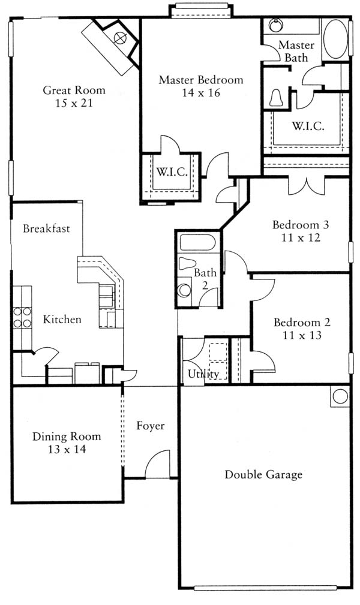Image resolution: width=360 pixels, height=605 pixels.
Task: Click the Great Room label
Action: click(74, 91)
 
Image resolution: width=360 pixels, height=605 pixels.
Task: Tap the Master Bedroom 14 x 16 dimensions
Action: click(201, 92)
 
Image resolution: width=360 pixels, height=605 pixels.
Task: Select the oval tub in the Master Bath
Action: click(335, 40)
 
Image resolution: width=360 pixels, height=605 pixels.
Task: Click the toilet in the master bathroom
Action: click(276, 98)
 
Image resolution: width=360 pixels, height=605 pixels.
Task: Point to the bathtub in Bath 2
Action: click(197, 243)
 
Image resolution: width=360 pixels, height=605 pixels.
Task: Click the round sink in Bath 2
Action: click(185, 291)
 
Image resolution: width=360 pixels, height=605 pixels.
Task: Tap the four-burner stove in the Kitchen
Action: click(22, 317)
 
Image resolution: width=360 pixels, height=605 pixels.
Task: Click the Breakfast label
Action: click(46, 228)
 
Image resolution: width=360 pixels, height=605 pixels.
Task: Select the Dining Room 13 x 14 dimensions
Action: click(67, 449)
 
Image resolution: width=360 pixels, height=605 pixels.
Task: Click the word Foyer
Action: click(150, 426)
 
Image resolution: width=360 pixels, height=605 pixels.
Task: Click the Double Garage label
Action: click(263, 474)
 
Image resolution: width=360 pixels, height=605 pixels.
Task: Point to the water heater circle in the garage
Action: click(340, 396)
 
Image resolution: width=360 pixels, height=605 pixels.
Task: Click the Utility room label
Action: click(203, 374)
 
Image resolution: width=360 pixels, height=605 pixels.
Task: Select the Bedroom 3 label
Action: click(301, 225)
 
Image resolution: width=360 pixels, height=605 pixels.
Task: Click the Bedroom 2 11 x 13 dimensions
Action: click(302, 335)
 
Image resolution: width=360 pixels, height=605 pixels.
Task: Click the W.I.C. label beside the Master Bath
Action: click(308, 126)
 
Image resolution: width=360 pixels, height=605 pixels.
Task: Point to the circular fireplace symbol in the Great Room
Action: click(121, 37)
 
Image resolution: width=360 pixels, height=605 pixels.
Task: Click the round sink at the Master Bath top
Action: click(275, 26)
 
